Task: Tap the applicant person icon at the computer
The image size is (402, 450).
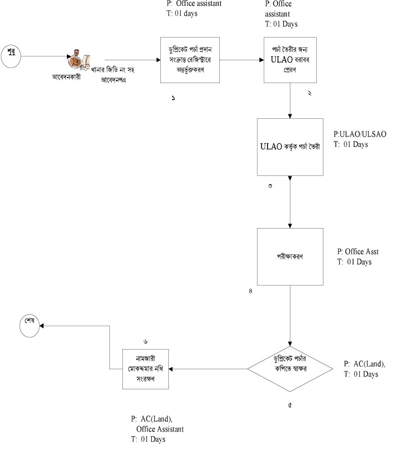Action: tap(79, 61)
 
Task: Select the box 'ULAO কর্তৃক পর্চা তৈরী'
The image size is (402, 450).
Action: tap(290, 147)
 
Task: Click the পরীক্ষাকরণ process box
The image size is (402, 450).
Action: tap(290, 257)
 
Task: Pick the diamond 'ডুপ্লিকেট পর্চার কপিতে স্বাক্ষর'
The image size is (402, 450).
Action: tap(290, 369)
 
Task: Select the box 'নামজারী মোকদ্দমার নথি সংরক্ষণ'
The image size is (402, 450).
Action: tap(146, 369)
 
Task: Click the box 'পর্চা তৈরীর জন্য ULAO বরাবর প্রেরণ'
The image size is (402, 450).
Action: tap(290, 60)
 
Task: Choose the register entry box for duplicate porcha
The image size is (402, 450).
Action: tap(190, 60)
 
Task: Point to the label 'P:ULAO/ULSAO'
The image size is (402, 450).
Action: tap(360, 134)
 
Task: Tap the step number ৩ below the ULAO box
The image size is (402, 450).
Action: tap(271, 186)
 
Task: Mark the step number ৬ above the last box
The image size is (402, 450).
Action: tap(146, 342)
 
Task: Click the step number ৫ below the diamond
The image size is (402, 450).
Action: tap(290, 406)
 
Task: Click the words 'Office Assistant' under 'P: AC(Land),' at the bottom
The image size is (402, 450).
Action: tap(160, 429)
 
